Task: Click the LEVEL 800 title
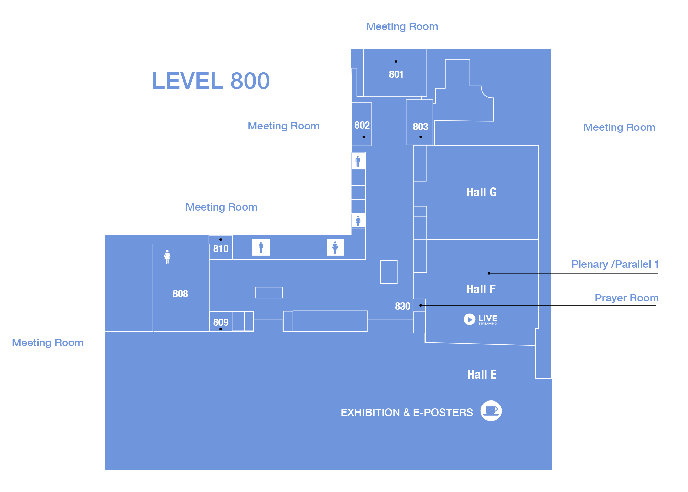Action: tap(211, 81)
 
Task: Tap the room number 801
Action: tap(396, 74)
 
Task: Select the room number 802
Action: tap(362, 125)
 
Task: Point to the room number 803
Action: tap(420, 127)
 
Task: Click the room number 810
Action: tap(221, 249)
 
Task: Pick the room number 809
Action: tap(221, 322)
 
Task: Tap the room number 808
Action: tap(180, 294)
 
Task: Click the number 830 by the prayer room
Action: tap(402, 306)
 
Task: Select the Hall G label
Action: tap(481, 192)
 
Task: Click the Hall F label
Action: tap(481, 289)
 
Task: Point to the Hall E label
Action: tap(482, 375)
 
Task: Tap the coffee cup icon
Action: tap(491, 411)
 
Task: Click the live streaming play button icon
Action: tap(469, 319)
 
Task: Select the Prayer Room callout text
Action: tap(626, 298)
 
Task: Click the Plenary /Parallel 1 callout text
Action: tap(615, 264)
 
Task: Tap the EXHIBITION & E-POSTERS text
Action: tap(407, 413)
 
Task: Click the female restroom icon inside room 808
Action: tap(167, 257)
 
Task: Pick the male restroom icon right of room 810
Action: tap(261, 247)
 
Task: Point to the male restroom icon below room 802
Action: tap(358, 161)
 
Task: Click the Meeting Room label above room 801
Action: tap(402, 26)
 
